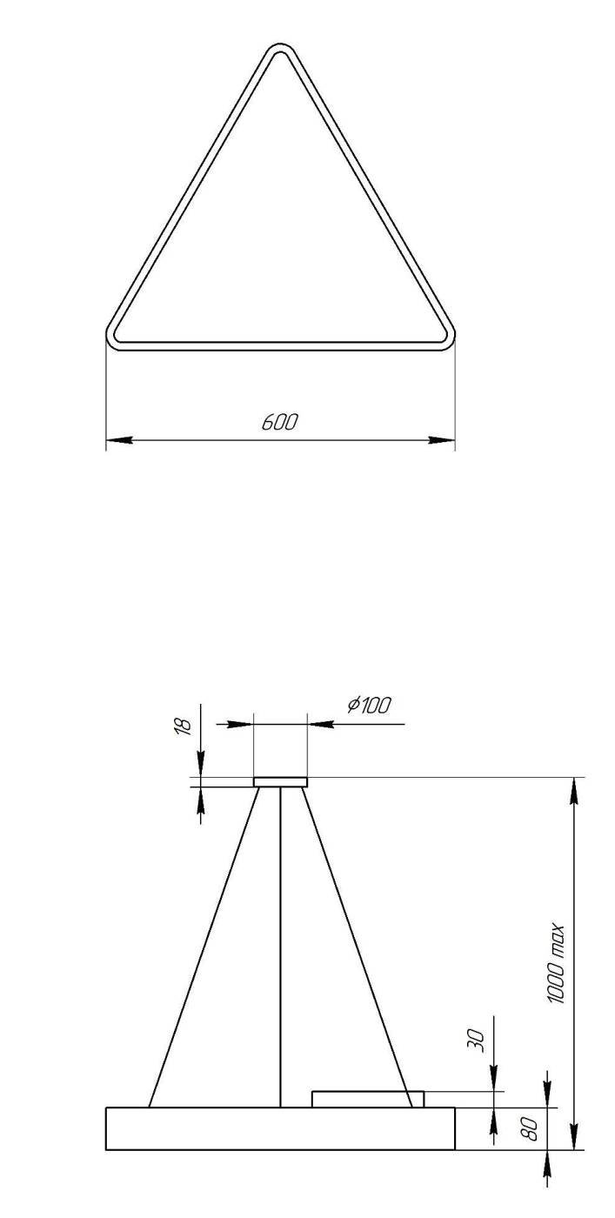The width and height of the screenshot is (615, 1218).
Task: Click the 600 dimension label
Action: (x=279, y=423)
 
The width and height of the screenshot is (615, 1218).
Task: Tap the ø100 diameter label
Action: (x=369, y=706)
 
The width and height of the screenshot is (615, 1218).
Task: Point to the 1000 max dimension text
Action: (x=558, y=964)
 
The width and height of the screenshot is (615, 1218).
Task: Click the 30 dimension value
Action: (x=477, y=1040)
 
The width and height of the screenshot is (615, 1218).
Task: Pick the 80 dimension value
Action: (x=529, y=1129)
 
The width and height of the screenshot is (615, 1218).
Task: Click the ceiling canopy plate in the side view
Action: (x=280, y=782)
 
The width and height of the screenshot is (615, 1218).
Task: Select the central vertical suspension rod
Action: (x=280, y=948)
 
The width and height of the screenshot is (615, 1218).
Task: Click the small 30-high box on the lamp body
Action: (x=368, y=1099)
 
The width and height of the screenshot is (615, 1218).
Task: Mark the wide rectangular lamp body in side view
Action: (x=280, y=1128)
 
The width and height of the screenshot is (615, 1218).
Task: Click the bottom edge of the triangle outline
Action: (x=279, y=346)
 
